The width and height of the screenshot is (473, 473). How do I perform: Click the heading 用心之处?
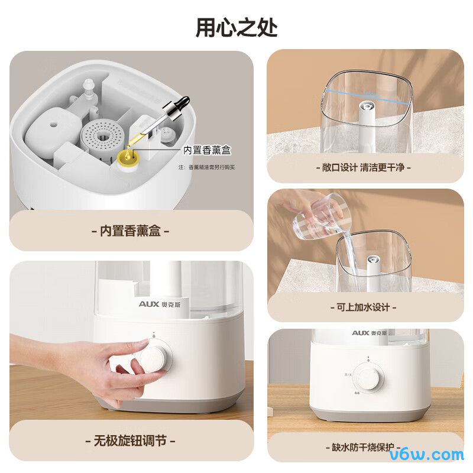pyautogui.click(x=237, y=27)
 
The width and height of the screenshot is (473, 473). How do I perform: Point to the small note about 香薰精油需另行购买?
pyautogui.click(x=207, y=167)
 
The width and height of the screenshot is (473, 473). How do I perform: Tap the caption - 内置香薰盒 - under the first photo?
pyautogui.click(x=131, y=231)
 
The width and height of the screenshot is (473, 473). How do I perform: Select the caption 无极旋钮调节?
pyautogui.click(x=130, y=441)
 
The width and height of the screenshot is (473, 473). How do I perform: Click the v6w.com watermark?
pyautogui.click(x=427, y=455)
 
